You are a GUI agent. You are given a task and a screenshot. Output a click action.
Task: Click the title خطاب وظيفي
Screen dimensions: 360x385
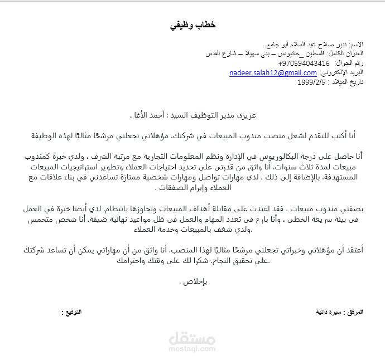[192, 26]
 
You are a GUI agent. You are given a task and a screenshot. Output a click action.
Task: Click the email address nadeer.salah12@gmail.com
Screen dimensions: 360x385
[273, 73]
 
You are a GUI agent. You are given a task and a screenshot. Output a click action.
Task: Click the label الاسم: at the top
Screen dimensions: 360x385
[353, 44]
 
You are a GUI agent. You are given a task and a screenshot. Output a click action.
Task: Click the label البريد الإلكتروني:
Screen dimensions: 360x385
[341, 73]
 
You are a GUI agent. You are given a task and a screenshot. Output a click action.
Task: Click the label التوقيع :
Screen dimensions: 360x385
[71, 312]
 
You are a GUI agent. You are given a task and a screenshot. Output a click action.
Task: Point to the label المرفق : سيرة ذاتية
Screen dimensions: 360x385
[340, 312]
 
